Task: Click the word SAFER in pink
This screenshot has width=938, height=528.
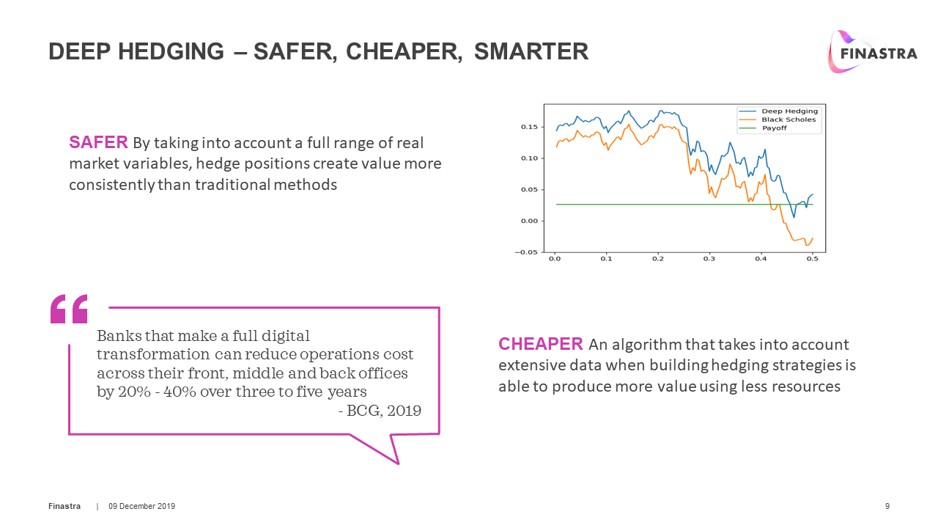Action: coord(98,142)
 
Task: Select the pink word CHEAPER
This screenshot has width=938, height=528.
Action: coord(541,344)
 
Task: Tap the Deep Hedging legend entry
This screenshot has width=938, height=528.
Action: coord(789,111)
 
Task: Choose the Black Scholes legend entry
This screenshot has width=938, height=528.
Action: coord(788,120)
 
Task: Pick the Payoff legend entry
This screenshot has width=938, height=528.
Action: coord(774,128)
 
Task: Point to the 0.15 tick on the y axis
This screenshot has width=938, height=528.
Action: coord(530,128)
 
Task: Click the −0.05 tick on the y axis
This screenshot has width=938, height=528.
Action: coord(528,252)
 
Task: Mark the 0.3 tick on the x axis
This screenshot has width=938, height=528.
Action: coord(709,259)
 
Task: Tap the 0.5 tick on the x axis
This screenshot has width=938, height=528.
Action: coord(812,259)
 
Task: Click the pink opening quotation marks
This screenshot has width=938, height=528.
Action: coord(69,309)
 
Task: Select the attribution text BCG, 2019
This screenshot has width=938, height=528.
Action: coord(383,411)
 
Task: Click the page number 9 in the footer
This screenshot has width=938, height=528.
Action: coord(887,507)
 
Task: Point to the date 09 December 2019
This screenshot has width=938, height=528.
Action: coord(142,507)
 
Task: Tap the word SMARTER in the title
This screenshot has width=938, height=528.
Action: coord(531,51)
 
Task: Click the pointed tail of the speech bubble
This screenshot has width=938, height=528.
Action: coord(396,460)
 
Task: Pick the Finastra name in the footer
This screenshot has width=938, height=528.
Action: coord(64,507)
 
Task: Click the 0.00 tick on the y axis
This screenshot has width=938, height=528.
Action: coord(530,221)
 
